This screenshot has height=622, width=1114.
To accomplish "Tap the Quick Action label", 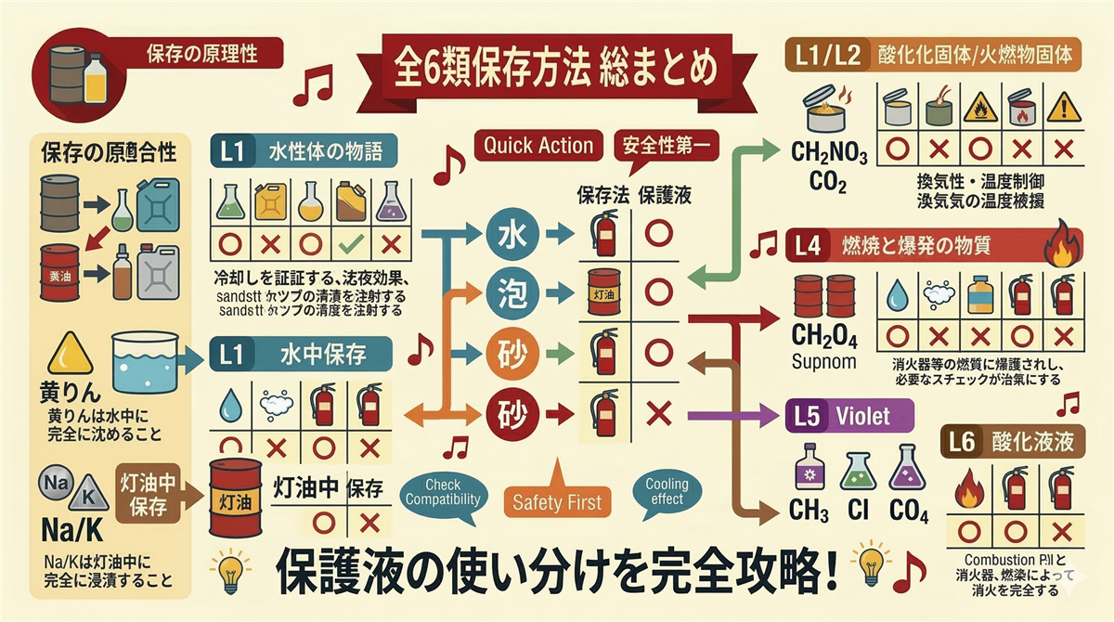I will click(538, 145).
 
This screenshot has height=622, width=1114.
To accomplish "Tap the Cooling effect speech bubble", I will click(667, 491).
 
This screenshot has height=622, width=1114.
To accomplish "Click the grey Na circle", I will click(52, 486).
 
